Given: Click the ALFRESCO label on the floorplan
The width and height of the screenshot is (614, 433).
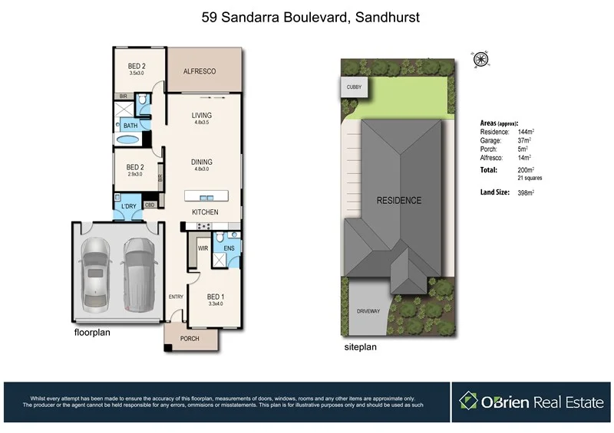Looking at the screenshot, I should (x=200, y=71).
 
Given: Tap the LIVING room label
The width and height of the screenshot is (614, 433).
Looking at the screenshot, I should (x=201, y=116).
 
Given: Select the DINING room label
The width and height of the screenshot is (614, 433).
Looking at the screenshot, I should (x=201, y=162).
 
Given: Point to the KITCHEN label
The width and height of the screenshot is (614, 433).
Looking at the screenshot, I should (x=205, y=212).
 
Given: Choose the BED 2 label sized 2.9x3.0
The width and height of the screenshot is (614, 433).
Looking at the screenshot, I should (x=135, y=167).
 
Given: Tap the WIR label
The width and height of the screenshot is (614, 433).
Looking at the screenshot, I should (x=203, y=248).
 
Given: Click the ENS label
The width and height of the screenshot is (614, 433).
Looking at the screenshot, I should (x=229, y=248).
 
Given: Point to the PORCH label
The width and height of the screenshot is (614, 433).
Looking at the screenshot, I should (x=190, y=338).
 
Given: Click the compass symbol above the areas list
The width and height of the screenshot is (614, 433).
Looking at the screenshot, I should (x=482, y=57).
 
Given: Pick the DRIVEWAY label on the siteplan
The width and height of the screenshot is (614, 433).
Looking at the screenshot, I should (x=368, y=311).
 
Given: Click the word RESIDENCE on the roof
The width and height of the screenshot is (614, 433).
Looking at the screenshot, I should (x=398, y=201).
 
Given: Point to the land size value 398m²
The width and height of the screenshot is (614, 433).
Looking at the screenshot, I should (x=527, y=192).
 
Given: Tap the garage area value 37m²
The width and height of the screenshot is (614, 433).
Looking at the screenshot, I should (x=527, y=141).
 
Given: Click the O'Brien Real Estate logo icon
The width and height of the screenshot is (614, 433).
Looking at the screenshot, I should (x=470, y=400).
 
